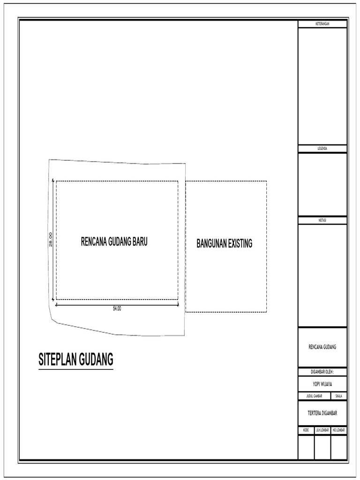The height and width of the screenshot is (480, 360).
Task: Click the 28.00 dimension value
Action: click(51, 240)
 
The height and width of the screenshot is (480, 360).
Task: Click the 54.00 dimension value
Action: click(117, 308)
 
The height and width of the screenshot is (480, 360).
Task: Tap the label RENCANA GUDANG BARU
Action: click(114, 241)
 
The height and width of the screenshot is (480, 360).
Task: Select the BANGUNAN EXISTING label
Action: click(225, 244)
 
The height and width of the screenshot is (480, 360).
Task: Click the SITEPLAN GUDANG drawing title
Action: click(76, 360)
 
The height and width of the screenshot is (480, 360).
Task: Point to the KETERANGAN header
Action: click(322, 24)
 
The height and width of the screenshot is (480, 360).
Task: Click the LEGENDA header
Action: click(322, 149)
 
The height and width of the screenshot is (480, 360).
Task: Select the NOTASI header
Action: click(322, 220)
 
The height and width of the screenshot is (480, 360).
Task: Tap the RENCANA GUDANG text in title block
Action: click(322, 347)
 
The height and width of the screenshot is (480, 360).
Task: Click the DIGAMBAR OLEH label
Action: click(322, 372)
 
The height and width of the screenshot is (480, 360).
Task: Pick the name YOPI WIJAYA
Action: click(322, 384)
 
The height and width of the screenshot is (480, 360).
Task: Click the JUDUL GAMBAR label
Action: click(314, 396)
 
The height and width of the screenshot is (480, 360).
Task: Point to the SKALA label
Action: click(339, 396)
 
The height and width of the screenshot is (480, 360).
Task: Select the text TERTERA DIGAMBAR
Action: click(322, 413)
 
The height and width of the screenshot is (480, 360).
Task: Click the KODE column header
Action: click(306, 430)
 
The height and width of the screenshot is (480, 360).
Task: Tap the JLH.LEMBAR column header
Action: click(322, 430)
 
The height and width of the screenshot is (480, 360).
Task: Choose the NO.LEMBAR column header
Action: click(339, 430)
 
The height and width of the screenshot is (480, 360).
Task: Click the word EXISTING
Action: click(239, 244)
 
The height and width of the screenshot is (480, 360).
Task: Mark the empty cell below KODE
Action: click(306, 447)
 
